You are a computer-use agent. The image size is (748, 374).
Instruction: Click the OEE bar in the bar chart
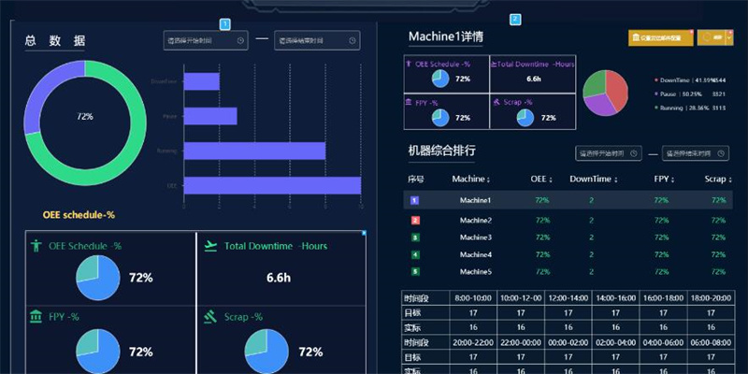point(271,185)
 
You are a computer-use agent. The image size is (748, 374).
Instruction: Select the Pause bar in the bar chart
point(210,117)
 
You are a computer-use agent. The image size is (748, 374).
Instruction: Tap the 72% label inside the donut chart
point(85,117)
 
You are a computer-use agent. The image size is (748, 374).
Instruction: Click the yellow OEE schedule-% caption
point(79,215)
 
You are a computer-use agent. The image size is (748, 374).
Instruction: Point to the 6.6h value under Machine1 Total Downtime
point(534,79)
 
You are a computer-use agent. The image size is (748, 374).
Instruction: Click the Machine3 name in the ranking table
point(476,237)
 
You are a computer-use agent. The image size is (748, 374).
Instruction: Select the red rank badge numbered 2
point(415,220)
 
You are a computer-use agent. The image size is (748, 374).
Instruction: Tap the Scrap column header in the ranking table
point(715,178)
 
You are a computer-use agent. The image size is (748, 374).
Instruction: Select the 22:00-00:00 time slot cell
point(522,342)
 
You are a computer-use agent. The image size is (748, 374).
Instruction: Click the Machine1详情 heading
point(446,37)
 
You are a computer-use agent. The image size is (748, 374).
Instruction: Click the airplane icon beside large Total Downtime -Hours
point(209,246)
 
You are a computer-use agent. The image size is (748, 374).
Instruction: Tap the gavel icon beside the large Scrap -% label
point(210,317)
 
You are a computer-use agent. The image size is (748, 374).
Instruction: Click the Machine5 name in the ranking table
point(476,271)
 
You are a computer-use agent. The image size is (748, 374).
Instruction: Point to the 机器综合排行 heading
point(442,151)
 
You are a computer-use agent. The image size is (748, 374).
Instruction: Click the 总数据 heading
point(55,40)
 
